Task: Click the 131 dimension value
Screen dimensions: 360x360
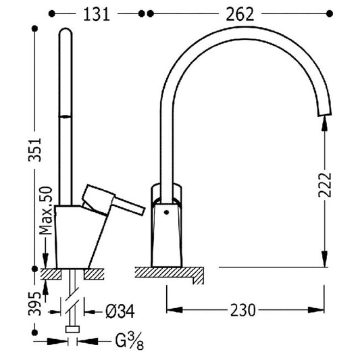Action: [x=97, y=14]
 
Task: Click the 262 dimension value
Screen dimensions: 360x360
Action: [x=240, y=14]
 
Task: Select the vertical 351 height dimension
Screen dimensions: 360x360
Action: [x=34, y=150]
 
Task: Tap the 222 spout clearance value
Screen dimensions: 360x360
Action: [x=325, y=185]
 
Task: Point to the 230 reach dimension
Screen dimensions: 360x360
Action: [x=242, y=310]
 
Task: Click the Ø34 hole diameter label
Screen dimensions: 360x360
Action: [x=120, y=311]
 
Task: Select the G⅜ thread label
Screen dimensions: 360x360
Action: [x=129, y=341]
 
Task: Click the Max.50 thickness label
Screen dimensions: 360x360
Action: [x=46, y=211]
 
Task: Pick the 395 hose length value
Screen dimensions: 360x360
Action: [x=34, y=303]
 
